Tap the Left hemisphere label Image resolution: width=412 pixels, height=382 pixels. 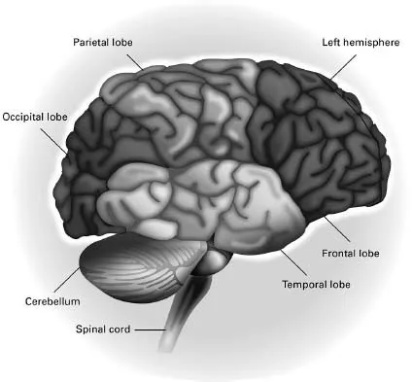coord(360,43)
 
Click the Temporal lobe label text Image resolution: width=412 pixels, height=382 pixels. coord(316,285)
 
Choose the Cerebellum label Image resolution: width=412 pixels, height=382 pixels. coord(46,301)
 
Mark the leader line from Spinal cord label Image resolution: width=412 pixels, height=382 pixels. coord(151,330)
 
